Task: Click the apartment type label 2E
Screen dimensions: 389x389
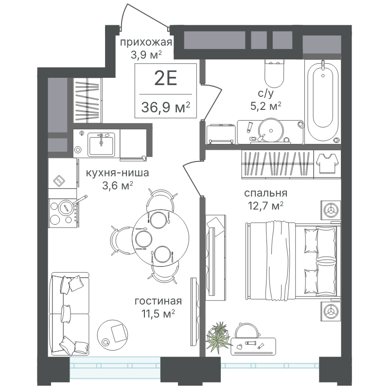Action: click(165, 78)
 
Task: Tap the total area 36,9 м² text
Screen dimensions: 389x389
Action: click(165, 107)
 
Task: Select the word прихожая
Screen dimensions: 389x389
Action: click(146, 42)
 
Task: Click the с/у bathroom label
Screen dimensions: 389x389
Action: click(265, 93)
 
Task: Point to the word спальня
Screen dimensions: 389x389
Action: click(265, 193)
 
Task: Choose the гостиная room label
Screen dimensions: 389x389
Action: click(158, 301)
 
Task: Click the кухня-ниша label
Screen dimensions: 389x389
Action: click(117, 173)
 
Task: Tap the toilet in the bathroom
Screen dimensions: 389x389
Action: click(274, 73)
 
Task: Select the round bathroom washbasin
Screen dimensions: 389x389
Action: click(271, 130)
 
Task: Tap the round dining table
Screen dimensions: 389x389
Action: click(160, 238)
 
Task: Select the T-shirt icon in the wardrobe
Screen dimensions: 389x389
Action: click(327, 163)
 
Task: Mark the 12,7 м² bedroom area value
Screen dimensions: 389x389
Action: click(265, 206)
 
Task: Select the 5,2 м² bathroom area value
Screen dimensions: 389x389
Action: click(265, 106)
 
